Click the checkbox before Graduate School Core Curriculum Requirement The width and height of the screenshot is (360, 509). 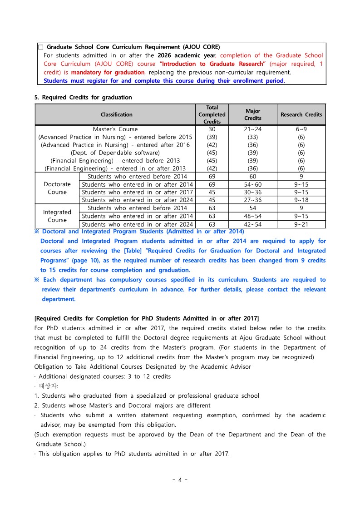(41, 47)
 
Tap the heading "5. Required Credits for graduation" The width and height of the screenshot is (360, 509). (83, 97)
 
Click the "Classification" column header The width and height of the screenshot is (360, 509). (117, 114)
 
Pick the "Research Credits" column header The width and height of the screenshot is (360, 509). (301, 114)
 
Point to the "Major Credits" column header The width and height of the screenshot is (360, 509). (253, 114)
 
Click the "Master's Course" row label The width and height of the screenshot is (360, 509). (115, 129)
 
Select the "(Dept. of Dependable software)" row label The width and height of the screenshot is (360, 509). (115, 153)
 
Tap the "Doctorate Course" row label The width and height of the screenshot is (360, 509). (57, 188)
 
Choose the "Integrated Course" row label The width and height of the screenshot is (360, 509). (57, 216)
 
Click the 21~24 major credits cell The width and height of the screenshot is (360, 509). (253, 129)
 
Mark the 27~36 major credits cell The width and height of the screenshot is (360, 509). (253, 200)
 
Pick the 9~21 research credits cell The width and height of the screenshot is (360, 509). (301, 224)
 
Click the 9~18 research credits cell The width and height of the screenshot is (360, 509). (301, 200)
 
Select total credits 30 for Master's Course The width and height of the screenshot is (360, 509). (212, 129)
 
